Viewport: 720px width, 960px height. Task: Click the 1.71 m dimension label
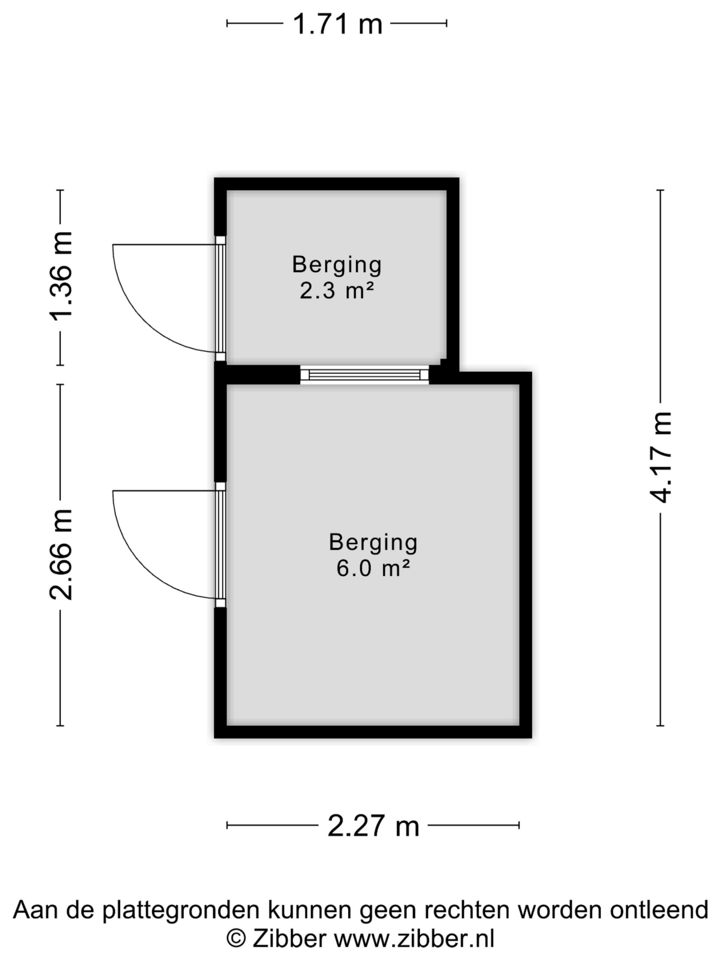[337, 24]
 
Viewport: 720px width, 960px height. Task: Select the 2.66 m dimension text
[60, 554]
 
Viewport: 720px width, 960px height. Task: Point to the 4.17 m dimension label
[660, 457]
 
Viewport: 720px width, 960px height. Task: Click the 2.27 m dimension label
[373, 825]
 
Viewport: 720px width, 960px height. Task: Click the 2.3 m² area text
[337, 290]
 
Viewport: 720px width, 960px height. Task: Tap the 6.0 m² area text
[373, 568]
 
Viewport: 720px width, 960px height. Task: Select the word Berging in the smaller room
[337, 265]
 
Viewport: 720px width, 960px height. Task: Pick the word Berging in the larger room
[373, 543]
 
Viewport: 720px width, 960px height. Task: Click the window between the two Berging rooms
[364, 375]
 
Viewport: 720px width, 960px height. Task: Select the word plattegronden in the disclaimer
[182, 910]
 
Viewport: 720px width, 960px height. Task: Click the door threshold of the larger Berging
[221, 544]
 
